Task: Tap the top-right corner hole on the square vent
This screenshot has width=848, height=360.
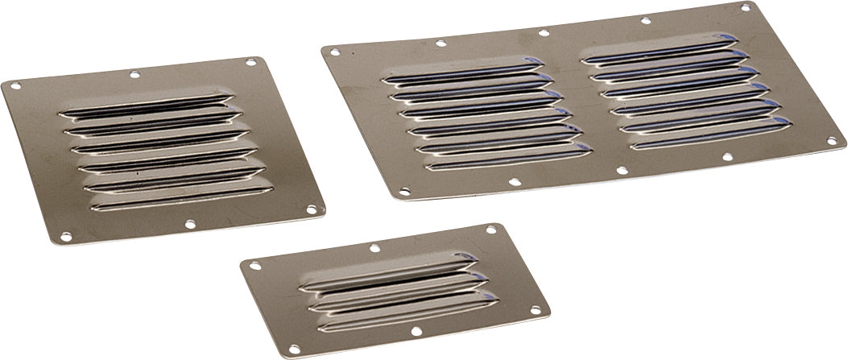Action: [251, 62]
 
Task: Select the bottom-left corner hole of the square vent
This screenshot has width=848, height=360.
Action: [66, 237]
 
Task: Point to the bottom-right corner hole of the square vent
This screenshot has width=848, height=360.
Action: [312, 209]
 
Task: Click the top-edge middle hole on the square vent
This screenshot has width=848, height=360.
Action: [134, 74]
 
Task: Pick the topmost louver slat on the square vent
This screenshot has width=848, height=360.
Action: [145, 105]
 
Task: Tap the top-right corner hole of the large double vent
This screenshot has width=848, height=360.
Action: [746, 7]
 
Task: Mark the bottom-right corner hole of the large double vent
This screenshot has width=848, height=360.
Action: [831, 140]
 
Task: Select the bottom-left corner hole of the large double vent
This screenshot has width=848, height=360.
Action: [404, 192]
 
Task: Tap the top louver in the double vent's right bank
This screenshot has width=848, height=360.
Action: [660, 50]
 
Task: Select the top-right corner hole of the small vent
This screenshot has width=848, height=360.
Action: [490, 230]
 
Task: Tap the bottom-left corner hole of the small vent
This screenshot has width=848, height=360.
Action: [295, 350]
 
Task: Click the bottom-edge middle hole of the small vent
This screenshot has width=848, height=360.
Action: [416, 331]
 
